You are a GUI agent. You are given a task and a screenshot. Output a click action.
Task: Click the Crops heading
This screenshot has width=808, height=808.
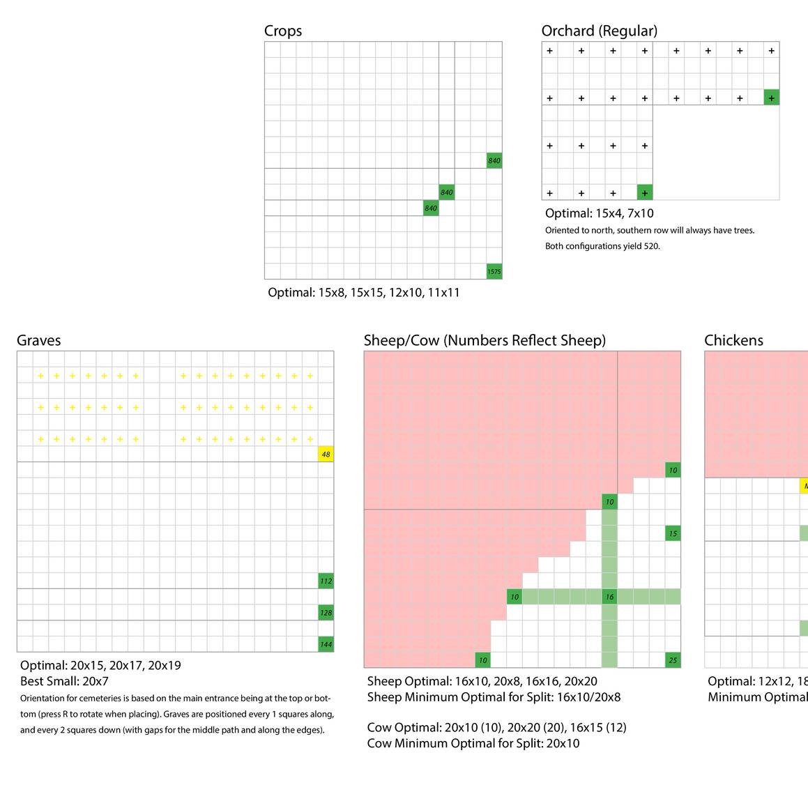click(283, 31)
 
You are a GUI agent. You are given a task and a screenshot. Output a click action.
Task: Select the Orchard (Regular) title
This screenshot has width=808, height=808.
click(599, 31)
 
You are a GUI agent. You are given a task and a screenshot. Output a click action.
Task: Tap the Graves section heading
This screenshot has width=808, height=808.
click(39, 340)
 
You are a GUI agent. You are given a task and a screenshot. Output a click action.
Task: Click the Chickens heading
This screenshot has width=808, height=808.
click(733, 340)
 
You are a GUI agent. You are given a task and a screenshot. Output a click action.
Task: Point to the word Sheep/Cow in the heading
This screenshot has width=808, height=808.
click(401, 340)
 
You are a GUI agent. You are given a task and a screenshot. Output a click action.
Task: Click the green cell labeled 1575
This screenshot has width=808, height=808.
click(494, 272)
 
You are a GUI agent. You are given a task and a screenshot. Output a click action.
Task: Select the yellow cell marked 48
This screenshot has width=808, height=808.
click(326, 455)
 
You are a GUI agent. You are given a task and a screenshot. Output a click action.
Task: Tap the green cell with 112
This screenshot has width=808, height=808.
click(326, 581)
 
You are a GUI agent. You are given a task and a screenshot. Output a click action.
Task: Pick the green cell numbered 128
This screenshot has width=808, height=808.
click(326, 613)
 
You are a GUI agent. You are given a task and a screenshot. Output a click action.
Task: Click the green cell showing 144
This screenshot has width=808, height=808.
click(326, 645)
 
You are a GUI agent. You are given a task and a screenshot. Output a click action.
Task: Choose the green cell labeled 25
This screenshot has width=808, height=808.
click(673, 660)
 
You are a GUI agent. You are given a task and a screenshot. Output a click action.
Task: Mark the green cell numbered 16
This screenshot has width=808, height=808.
click(609, 597)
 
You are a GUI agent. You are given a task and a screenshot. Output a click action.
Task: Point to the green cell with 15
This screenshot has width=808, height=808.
click(673, 534)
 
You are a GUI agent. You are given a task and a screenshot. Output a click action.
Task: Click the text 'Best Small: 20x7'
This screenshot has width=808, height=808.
click(65, 681)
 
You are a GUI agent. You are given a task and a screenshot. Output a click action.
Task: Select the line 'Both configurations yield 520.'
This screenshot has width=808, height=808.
click(602, 246)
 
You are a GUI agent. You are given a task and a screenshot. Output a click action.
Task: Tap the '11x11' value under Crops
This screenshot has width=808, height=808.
click(444, 293)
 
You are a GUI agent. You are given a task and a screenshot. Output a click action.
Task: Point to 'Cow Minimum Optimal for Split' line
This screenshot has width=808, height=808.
click(473, 743)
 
